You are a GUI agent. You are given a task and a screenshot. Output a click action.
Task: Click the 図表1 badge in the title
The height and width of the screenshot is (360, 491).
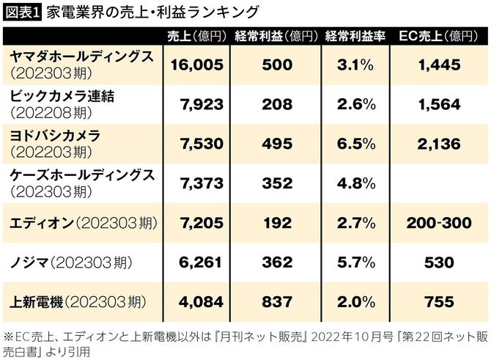click(22, 12)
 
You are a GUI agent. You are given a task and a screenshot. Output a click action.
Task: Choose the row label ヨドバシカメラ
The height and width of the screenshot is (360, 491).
click(55, 136)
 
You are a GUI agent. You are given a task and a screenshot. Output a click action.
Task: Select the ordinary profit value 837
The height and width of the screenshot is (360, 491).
click(276, 302)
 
